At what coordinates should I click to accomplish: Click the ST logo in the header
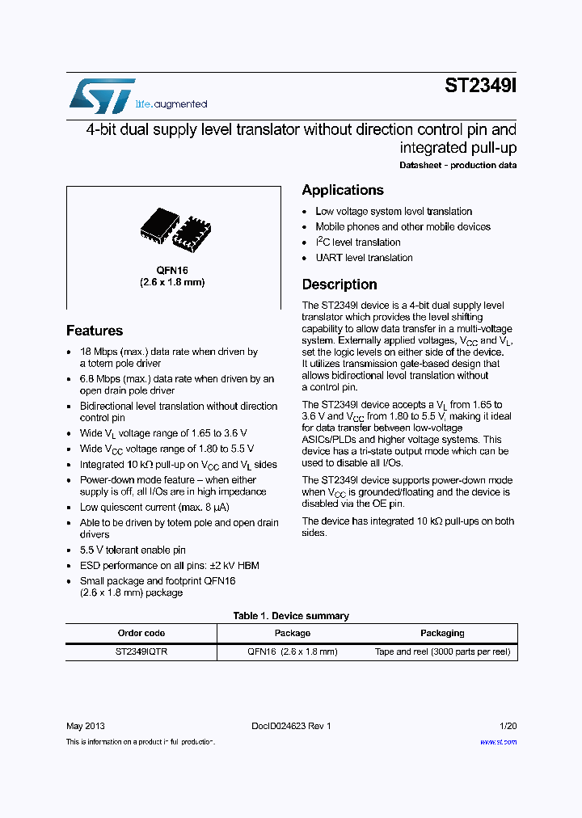(102, 96)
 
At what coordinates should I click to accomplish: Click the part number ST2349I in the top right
(480, 86)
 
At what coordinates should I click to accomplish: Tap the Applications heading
(343, 190)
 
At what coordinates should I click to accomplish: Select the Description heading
(339, 285)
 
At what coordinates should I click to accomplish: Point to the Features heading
(95, 331)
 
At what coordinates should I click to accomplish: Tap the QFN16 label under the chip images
(172, 270)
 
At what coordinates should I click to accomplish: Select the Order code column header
(141, 633)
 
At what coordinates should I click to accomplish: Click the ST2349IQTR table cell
(141, 651)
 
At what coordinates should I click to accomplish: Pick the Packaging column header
(442, 633)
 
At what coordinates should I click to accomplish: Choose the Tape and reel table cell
(442, 651)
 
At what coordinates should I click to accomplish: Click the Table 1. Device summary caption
(291, 616)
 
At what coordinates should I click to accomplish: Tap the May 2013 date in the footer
(85, 726)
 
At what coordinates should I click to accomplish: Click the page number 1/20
(508, 726)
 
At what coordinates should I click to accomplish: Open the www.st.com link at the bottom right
(499, 742)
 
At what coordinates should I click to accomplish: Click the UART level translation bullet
(364, 258)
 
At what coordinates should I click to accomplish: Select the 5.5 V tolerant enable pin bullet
(133, 550)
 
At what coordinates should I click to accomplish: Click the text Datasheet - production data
(458, 166)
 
